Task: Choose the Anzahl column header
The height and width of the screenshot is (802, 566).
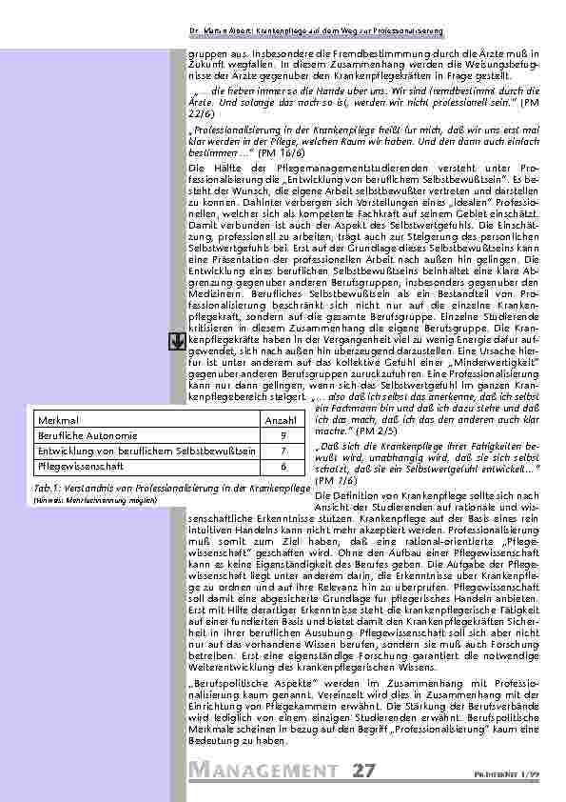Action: (x=280, y=418)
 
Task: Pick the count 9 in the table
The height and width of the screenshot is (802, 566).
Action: (x=283, y=434)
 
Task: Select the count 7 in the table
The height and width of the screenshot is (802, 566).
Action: (x=283, y=451)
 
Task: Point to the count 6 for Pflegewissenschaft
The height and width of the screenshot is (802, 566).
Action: (x=283, y=467)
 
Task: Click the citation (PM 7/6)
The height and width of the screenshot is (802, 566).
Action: (x=331, y=481)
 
